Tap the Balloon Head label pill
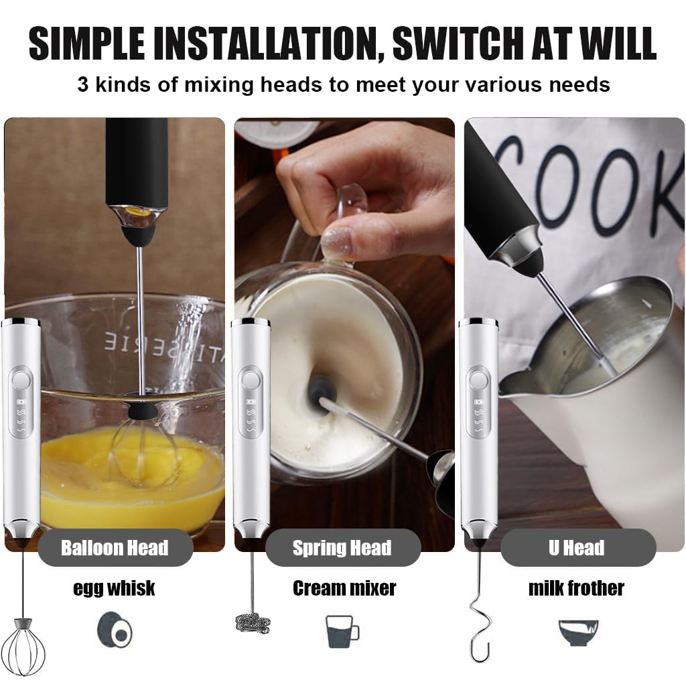coord(115,548)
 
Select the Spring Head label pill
coord(342,548)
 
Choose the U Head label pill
coord(576,548)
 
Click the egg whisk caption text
coord(114,588)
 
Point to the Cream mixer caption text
coord(344,588)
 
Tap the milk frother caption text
coord(575,588)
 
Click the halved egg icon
coord(115,630)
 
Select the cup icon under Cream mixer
coord(342,630)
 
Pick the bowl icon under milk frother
coord(577,630)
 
